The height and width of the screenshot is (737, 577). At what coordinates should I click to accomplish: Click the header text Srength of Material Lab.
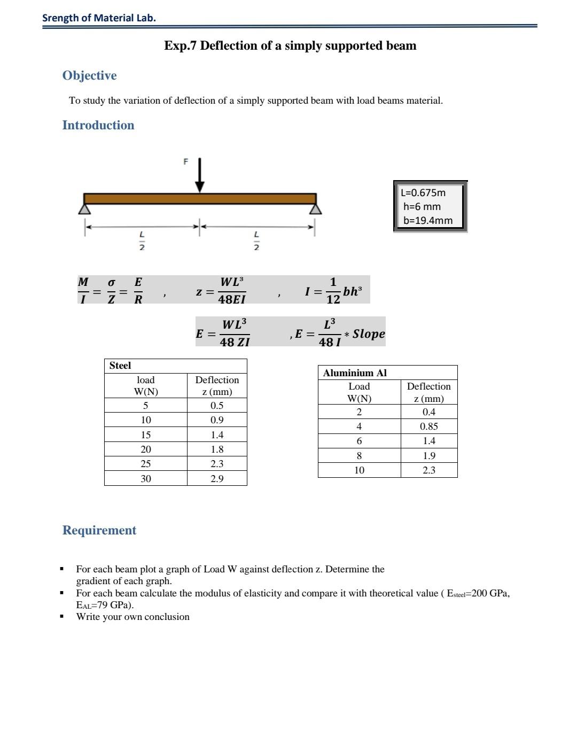(99, 18)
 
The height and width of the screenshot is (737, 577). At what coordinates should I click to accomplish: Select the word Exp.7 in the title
(181, 45)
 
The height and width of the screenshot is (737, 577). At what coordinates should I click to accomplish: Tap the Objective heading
(89, 75)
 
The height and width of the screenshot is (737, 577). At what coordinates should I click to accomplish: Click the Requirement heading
(99, 530)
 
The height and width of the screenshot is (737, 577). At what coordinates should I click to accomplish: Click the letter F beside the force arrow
(186, 161)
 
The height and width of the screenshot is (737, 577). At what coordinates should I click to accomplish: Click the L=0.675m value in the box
(423, 193)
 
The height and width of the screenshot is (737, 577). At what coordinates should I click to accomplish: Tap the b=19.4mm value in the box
(427, 220)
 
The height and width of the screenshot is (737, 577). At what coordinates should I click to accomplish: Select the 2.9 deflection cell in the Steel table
(217, 479)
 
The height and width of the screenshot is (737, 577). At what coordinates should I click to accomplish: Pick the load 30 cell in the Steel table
(145, 479)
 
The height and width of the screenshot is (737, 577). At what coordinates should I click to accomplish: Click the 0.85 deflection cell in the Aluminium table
(428, 426)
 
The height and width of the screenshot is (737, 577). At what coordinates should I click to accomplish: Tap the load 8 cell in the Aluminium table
(359, 456)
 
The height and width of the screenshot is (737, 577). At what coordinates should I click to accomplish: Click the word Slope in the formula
(369, 333)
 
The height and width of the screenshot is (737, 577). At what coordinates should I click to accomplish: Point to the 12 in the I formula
(333, 299)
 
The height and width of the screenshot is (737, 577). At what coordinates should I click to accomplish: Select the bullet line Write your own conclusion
(132, 617)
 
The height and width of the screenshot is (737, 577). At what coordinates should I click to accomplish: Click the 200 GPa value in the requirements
(490, 593)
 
